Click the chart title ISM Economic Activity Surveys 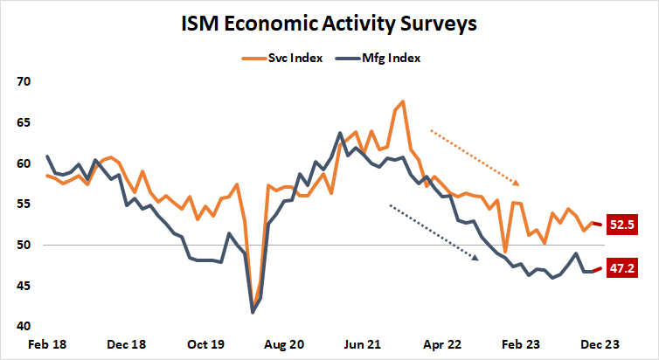[x=329, y=24]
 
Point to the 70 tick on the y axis [x=23, y=82]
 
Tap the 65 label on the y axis [x=23, y=123]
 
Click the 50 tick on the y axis [x=23, y=246]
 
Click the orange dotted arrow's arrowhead [x=517, y=183]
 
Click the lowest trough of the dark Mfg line [x=253, y=312]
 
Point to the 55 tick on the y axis [x=23, y=204]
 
